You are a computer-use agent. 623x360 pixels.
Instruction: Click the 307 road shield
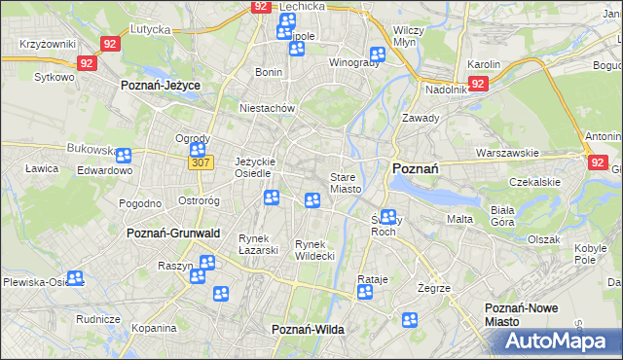click(x=200, y=162)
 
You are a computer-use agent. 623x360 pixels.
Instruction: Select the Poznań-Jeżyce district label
click(x=160, y=86)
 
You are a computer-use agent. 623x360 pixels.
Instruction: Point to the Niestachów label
click(x=267, y=109)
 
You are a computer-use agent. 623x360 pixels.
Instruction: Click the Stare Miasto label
click(x=346, y=183)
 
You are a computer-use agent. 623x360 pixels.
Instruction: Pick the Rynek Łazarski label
click(x=259, y=243)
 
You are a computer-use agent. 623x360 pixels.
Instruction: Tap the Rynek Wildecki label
click(x=314, y=249)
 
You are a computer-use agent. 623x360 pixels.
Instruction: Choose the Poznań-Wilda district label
click(x=308, y=330)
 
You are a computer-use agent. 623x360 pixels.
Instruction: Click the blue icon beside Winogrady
click(x=377, y=55)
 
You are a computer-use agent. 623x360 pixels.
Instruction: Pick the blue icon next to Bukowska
click(x=124, y=154)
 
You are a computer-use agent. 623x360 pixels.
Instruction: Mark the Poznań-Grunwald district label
click(x=173, y=234)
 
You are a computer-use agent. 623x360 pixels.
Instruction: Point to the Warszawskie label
click(x=507, y=153)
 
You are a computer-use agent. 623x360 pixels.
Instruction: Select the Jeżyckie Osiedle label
click(x=257, y=167)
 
